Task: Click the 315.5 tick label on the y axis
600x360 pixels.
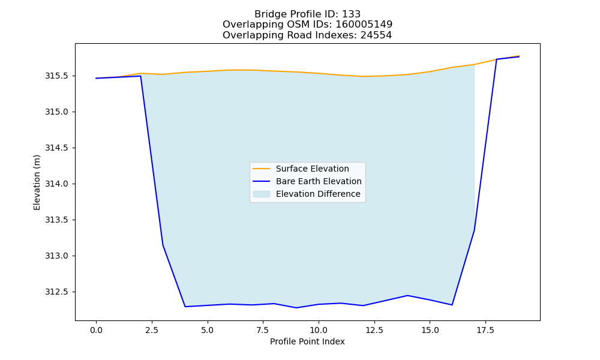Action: tap(56, 76)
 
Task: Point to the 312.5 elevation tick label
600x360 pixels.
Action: tap(56, 292)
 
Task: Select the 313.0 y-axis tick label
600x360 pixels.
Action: tap(56, 256)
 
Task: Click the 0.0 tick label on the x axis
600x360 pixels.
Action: tap(96, 330)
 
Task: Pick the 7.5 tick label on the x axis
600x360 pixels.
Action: tap(263, 330)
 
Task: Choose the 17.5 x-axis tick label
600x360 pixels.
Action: tap(485, 330)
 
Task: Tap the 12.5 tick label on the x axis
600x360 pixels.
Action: tap(374, 330)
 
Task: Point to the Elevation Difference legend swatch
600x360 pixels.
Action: tap(262, 194)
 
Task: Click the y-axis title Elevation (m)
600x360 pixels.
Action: tap(37, 182)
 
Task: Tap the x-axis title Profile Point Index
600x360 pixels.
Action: tap(307, 341)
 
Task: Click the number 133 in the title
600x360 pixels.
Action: tap(351, 14)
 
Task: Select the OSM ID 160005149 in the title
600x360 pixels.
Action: tap(364, 25)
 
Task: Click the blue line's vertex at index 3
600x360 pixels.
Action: tap(163, 245)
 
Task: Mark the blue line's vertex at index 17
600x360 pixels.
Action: tap(475, 230)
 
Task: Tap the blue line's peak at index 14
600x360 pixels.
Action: tap(407, 295)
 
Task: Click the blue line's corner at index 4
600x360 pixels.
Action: tap(185, 307)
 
